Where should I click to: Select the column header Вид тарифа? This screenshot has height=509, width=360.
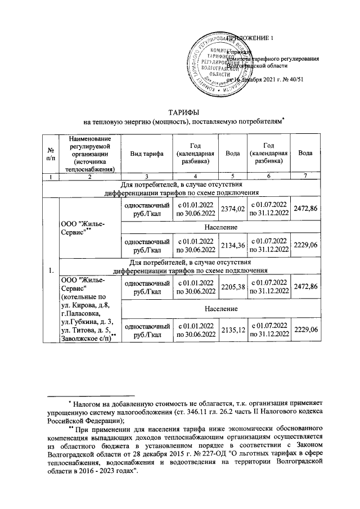pyautogui.click(x=146, y=154)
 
